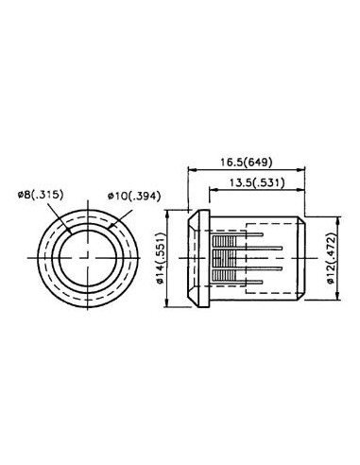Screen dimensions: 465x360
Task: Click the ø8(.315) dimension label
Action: pyautogui.click(x=39, y=195)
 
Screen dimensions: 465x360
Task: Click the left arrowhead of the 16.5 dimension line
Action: pyautogui.click(x=192, y=172)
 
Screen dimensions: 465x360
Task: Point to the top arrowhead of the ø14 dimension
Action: pyautogui.click(x=169, y=212)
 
